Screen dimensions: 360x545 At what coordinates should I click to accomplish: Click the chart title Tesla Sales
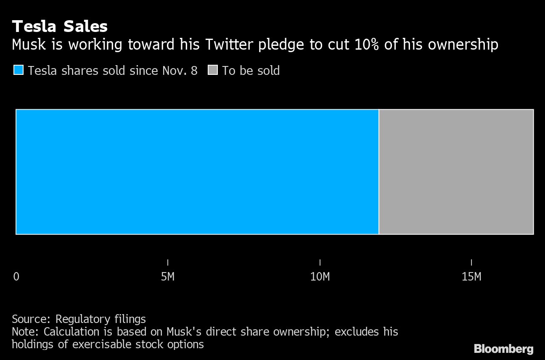(60, 27)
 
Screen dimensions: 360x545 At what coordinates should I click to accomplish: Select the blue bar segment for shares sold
(197, 172)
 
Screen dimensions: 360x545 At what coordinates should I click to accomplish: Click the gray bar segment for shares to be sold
(456, 172)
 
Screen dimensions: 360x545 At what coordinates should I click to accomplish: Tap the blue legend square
(19, 70)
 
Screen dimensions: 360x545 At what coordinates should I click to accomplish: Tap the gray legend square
(213, 70)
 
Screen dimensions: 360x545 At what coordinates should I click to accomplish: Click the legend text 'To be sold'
(251, 71)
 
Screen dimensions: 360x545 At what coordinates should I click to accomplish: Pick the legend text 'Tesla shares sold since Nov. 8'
(113, 71)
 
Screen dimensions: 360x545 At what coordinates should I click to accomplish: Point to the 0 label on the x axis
(16, 277)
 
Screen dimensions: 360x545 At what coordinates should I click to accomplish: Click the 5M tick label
(168, 277)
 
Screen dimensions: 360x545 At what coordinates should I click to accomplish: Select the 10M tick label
(320, 277)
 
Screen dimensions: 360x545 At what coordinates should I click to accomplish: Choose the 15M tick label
(471, 277)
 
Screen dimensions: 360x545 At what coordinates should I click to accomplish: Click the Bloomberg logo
(503, 349)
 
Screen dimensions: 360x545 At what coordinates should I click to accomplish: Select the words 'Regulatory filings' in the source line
(101, 319)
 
